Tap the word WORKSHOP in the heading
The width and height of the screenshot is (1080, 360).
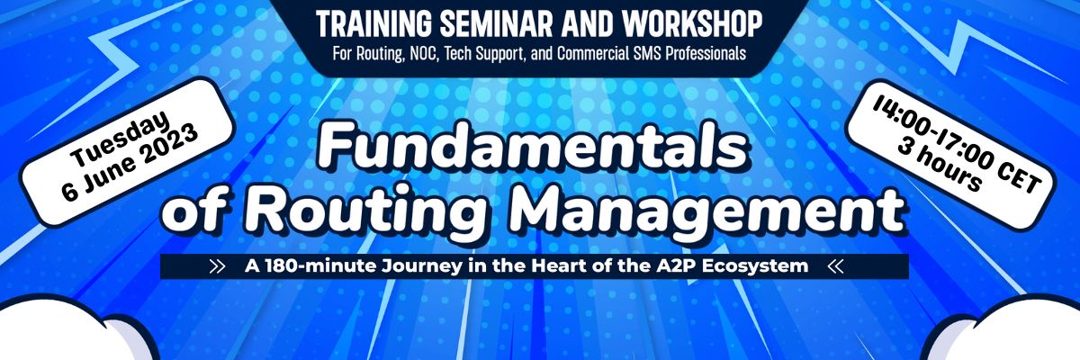[x=692, y=23]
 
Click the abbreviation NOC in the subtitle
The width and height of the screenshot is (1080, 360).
[x=423, y=53]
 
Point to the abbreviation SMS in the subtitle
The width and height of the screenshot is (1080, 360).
[x=648, y=53]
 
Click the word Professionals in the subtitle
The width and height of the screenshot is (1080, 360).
[x=706, y=53]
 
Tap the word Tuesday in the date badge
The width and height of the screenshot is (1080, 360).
[x=120, y=139]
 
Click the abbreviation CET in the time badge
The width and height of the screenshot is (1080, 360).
[x=1016, y=178]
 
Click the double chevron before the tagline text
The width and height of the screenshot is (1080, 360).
[x=218, y=266]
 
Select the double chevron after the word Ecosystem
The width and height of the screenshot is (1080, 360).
[x=835, y=266]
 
